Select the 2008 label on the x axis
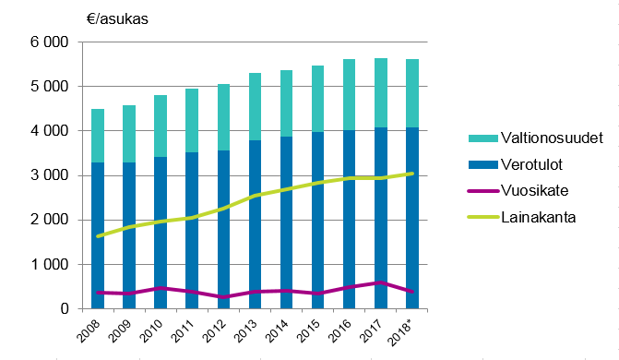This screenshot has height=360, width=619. tap(90, 330)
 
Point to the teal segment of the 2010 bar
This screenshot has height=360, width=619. tap(161, 126)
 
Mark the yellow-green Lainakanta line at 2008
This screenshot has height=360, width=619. tap(99, 236)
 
